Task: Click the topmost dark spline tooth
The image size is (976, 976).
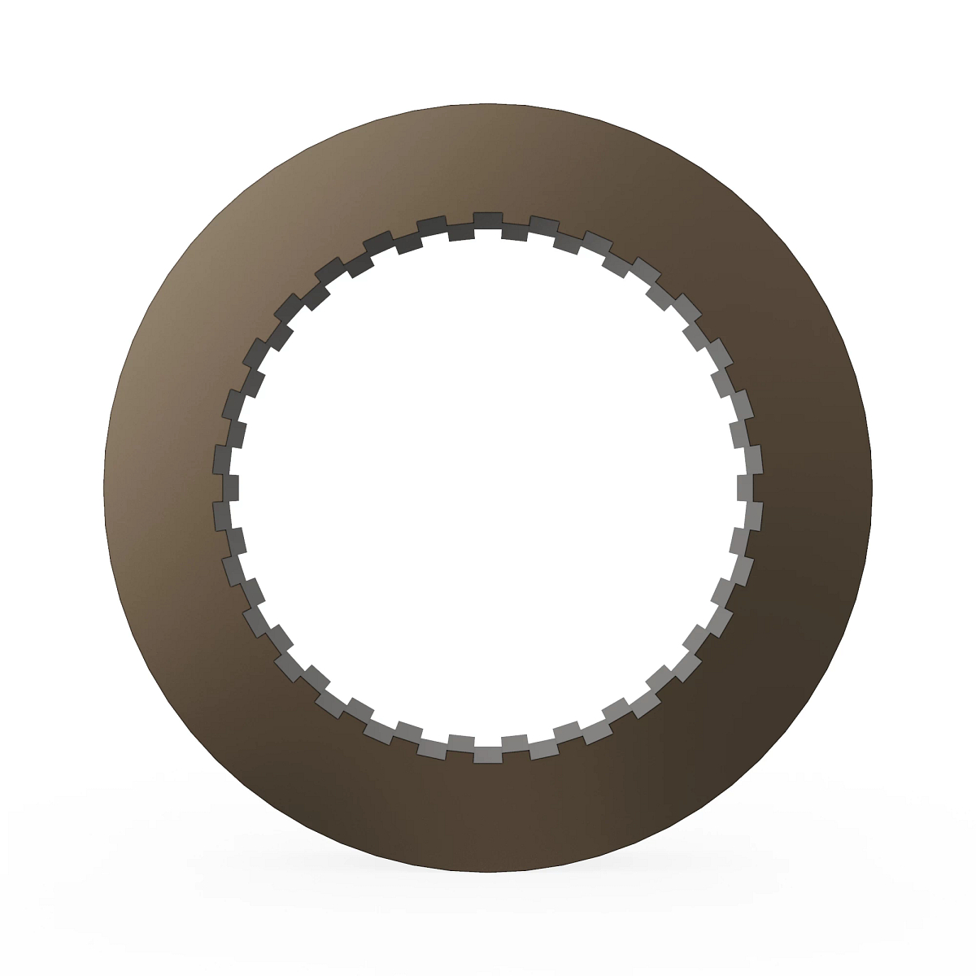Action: click(x=488, y=220)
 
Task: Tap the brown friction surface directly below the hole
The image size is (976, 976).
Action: click(x=488, y=813)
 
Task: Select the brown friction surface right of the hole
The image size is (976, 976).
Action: click(x=813, y=488)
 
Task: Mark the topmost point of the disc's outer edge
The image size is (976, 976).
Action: click(x=488, y=103)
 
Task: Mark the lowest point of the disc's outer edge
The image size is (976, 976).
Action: click(x=488, y=873)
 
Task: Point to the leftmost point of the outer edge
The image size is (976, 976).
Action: click(x=104, y=488)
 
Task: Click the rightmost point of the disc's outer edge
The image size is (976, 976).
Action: click(x=873, y=488)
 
